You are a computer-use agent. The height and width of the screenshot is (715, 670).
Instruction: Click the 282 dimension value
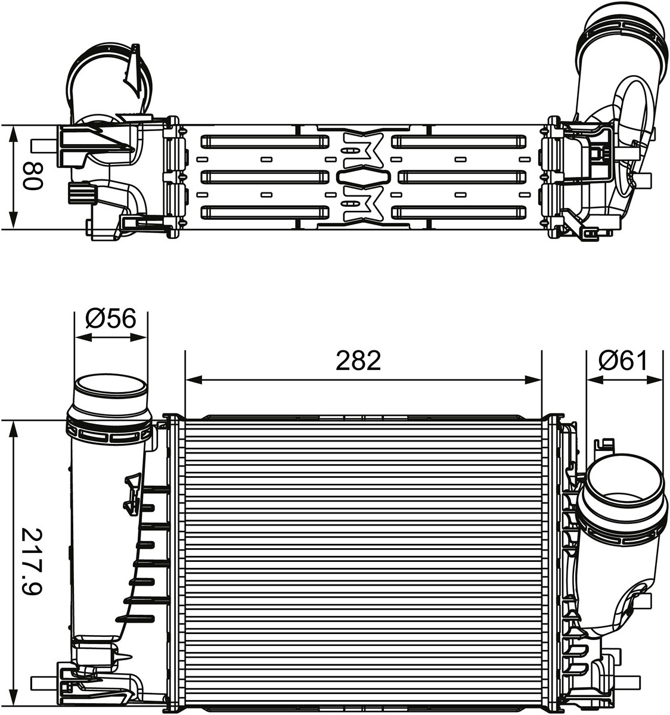[358, 360]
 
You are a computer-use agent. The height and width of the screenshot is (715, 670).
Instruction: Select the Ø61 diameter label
[624, 360]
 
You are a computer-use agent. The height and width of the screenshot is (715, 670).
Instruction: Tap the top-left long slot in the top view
[265, 142]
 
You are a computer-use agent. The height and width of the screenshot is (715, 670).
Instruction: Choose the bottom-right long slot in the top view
[459, 212]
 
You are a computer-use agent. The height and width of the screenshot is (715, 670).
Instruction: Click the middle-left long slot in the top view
[265, 177]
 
